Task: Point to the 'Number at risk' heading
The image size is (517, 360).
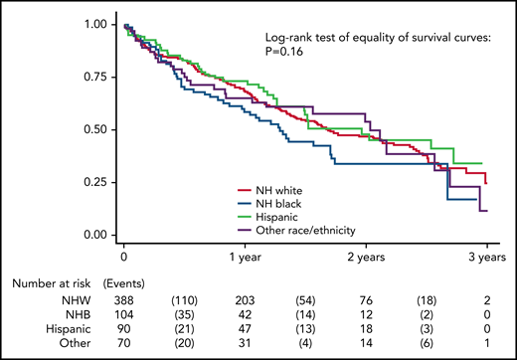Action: click(x=53, y=283)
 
